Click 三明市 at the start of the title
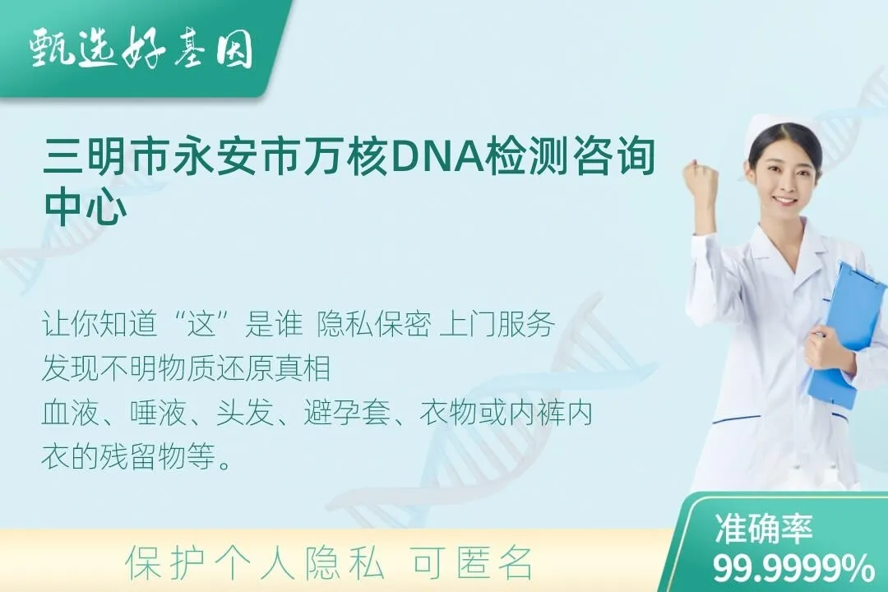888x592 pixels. pyautogui.click(x=104, y=155)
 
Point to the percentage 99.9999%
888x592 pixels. pyautogui.click(x=793, y=567)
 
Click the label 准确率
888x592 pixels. pyautogui.click(x=763, y=529)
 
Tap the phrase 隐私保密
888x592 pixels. pyautogui.click(x=374, y=325)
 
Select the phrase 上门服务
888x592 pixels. pyautogui.click(x=497, y=325)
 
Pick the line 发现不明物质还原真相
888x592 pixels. pyautogui.click(x=187, y=368)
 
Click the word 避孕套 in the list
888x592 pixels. pyautogui.click(x=347, y=412)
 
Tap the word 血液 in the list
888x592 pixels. pyautogui.click(x=70, y=412)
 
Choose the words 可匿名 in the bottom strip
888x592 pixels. pyautogui.click(x=472, y=564)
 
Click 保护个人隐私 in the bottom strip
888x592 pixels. pyautogui.click(x=256, y=564)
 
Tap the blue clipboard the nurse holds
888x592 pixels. pyautogui.click(x=843, y=334)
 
